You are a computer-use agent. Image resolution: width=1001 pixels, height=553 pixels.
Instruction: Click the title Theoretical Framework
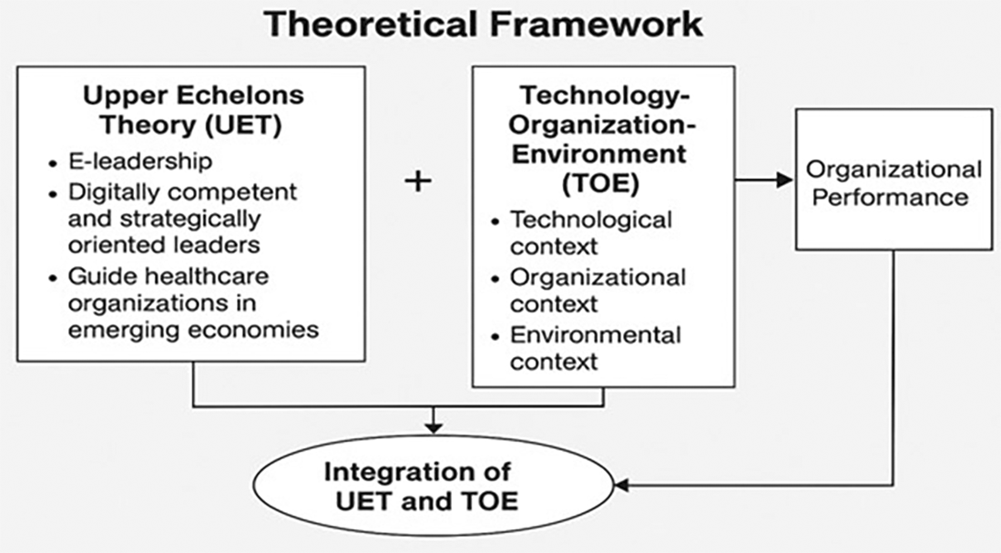click(484, 25)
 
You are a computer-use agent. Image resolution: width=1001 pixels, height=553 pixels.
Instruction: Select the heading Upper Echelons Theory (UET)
click(193, 108)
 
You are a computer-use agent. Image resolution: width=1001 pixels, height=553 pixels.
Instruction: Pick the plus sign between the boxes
click(417, 181)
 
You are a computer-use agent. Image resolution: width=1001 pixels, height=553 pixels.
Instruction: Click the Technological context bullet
click(590, 233)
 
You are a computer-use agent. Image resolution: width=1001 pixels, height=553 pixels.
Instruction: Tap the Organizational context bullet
click(598, 290)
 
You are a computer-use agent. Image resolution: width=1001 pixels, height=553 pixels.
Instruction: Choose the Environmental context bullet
click(595, 347)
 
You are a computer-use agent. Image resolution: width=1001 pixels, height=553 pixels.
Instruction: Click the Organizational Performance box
click(893, 179)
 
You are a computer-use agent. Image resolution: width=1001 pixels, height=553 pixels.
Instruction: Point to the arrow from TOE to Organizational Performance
click(764, 180)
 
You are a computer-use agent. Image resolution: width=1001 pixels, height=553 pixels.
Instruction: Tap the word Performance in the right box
click(890, 196)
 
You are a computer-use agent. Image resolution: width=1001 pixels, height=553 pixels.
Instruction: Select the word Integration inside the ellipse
click(417, 472)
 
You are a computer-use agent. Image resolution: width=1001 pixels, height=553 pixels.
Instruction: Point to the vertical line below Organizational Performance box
click(893, 364)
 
